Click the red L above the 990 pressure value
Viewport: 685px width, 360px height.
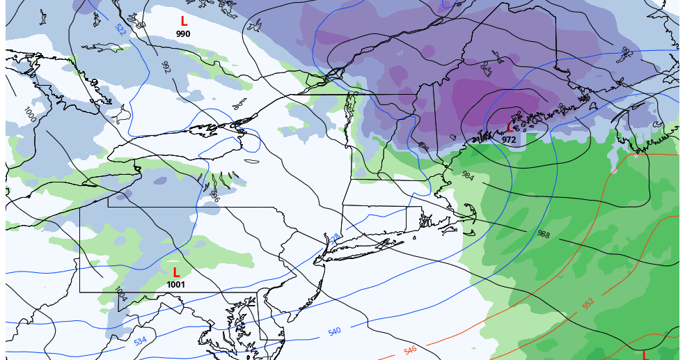(184, 22)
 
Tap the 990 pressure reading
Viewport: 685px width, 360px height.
(183, 34)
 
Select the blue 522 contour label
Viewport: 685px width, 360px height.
(120, 30)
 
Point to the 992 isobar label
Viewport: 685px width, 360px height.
(166, 67)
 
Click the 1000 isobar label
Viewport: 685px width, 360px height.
(30, 114)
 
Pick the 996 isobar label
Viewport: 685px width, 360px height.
(214, 198)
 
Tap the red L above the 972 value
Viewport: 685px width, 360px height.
(509, 127)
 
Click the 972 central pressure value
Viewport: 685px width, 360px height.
(509, 140)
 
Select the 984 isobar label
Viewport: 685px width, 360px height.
(468, 176)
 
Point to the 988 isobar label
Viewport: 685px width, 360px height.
(542, 234)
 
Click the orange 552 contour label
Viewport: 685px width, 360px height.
(588, 304)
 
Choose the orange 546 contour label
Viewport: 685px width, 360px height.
(410, 350)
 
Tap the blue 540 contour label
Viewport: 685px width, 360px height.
(334, 331)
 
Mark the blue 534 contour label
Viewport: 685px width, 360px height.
(140, 341)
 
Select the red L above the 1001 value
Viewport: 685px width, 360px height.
(176, 272)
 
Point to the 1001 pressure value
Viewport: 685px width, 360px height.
(176, 285)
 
